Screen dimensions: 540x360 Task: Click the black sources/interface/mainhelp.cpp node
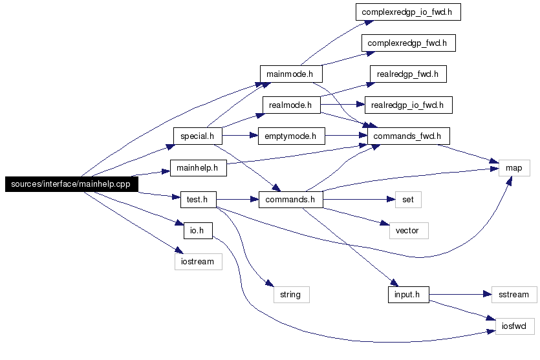72,184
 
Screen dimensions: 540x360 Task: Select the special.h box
198,136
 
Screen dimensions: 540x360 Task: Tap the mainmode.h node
291,74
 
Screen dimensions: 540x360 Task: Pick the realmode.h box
292,105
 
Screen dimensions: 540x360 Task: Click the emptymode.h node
292,136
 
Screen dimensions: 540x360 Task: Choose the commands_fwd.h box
409,136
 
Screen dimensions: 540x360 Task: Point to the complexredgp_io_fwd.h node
408,12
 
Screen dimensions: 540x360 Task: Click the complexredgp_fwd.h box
409,43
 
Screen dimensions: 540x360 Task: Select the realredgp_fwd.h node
408,74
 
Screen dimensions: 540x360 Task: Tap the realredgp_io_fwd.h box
409,105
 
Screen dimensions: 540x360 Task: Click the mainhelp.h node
199,168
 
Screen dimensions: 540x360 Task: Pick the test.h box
199,200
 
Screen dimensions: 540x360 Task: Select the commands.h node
291,200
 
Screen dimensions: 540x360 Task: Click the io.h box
198,231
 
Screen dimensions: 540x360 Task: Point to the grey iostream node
199,262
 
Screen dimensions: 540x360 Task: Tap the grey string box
292,295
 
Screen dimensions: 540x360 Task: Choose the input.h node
409,295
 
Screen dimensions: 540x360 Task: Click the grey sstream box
514,295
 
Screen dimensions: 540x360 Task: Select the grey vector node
409,231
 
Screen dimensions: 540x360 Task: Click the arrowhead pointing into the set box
391,199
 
